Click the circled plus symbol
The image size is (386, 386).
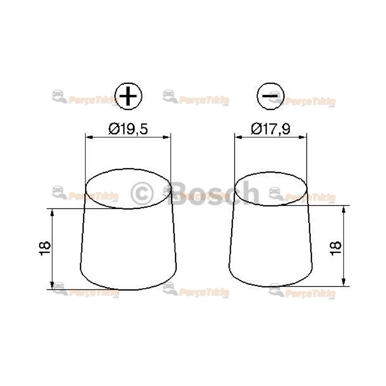click(x=128, y=96)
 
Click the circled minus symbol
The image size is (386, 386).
click(x=271, y=96)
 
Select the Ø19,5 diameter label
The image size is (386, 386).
click(x=128, y=129)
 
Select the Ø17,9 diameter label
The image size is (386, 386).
click(x=270, y=129)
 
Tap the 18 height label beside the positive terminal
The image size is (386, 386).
click(x=45, y=248)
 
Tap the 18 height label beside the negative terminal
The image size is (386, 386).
click(x=336, y=246)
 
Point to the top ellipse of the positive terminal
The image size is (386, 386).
click(x=128, y=189)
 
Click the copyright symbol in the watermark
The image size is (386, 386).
click(x=142, y=193)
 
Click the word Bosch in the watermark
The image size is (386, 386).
click(x=215, y=193)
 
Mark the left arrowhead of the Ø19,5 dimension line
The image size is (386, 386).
click(x=88, y=138)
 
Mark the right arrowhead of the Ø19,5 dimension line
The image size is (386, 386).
click(x=168, y=138)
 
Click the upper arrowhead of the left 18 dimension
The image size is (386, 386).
click(x=52, y=211)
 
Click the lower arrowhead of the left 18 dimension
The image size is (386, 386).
click(x=52, y=286)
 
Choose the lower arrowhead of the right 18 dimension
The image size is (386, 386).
click(x=344, y=283)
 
